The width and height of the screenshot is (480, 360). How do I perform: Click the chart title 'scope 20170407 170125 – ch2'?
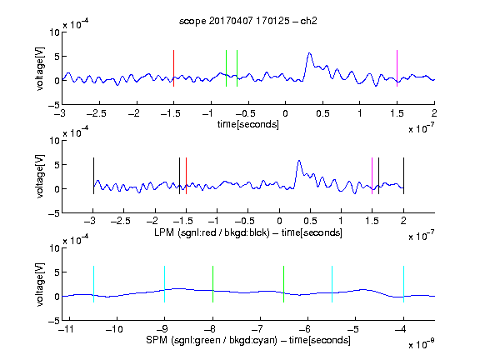[x=248, y=21]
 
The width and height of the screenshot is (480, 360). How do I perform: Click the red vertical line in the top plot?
[x=173, y=68]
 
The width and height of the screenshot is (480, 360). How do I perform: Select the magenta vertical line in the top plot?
[x=397, y=68]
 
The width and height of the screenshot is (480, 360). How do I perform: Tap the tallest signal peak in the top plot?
[x=309, y=53]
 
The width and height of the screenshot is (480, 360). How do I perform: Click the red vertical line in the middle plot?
[x=186, y=176]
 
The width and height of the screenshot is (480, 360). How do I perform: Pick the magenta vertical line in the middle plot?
[x=372, y=176]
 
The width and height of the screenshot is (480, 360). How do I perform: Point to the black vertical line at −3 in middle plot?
[x=93, y=176]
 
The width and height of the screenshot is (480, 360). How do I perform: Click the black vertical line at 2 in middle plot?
[x=403, y=176]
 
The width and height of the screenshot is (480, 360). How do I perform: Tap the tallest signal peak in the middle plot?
[x=299, y=161]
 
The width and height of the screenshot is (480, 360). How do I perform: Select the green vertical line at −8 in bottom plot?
[x=212, y=284]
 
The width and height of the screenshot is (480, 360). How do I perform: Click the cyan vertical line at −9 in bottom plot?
[x=164, y=284]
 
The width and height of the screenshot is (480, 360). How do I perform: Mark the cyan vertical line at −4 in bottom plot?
[x=403, y=284]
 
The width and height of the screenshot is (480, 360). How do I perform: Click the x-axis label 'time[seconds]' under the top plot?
[x=248, y=124]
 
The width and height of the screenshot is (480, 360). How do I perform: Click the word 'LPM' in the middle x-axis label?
[x=164, y=232]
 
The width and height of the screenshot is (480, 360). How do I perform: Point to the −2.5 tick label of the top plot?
[x=97, y=113]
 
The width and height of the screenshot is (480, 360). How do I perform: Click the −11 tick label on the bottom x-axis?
[x=67, y=329]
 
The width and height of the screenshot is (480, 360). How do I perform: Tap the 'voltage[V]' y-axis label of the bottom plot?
[x=40, y=284]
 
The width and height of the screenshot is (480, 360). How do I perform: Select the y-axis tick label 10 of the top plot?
[x=55, y=32]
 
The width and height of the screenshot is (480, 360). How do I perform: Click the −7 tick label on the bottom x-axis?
[x=257, y=329]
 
